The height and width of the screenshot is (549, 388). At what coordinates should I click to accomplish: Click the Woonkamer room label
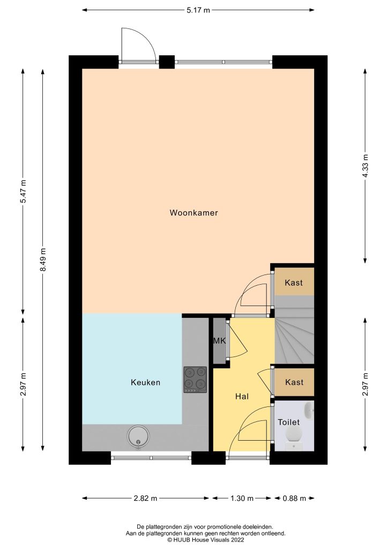[x=193, y=213]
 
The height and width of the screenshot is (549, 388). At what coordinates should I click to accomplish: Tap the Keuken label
[x=145, y=382]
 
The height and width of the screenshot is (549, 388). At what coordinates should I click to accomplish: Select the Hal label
[x=242, y=397]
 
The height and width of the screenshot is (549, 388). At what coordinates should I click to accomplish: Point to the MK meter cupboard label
[x=219, y=341]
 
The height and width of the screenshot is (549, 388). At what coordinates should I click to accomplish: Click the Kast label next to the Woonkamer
[x=294, y=283]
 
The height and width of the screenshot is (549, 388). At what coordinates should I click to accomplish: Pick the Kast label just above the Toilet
[x=294, y=382]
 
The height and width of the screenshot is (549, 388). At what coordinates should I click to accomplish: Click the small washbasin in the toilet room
[x=308, y=411]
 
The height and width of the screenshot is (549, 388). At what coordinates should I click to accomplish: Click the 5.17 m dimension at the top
[x=198, y=10]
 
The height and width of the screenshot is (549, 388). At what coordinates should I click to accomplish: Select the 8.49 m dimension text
[x=43, y=259]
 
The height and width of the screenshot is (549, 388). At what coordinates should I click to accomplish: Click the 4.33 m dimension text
[x=365, y=166]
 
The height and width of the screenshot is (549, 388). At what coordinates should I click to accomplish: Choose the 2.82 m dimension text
[x=145, y=498]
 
